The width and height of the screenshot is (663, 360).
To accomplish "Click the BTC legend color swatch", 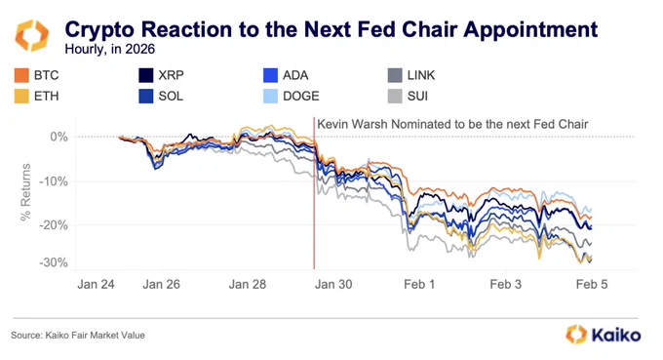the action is (x=21, y=75).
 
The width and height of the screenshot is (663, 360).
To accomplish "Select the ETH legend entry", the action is (x=36, y=97).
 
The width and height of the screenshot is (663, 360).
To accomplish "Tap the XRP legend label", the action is (x=171, y=75).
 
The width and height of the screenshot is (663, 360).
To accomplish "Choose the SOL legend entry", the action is (x=161, y=97).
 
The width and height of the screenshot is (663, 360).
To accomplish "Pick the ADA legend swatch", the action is (x=270, y=75).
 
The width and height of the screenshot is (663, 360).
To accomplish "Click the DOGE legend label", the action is (x=300, y=97).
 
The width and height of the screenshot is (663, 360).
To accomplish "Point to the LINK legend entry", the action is (x=411, y=75).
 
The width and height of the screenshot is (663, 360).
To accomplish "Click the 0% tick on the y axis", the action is (x=58, y=137).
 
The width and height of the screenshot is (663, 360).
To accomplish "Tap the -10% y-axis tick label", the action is (x=54, y=181).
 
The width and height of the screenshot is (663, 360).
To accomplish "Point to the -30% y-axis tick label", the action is (x=54, y=262).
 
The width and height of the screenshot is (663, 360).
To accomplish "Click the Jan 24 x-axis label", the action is (x=96, y=284).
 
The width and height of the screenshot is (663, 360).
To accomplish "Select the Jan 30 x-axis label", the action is (x=333, y=284).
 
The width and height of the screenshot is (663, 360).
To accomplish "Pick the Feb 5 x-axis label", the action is (x=592, y=284).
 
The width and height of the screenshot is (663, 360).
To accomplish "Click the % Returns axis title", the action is (x=25, y=192).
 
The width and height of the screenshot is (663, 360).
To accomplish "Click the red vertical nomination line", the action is (x=314, y=193).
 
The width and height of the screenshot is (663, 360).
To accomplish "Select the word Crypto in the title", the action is (x=100, y=30).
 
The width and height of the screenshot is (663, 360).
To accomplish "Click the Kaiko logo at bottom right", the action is (x=604, y=335).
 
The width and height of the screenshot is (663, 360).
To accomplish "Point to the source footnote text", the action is (x=78, y=336).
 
